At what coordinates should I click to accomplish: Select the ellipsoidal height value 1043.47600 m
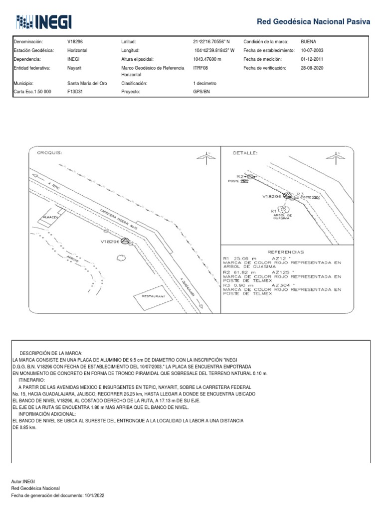tap(207, 59)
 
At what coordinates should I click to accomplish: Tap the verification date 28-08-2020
tap(312, 68)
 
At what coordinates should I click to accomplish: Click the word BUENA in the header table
tap(309, 42)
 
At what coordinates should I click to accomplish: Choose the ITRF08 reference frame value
tap(200, 68)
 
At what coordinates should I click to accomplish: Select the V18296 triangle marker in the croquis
tap(125, 241)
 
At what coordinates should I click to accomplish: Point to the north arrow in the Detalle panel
tap(340, 156)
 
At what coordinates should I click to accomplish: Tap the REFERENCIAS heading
tap(286, 252)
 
